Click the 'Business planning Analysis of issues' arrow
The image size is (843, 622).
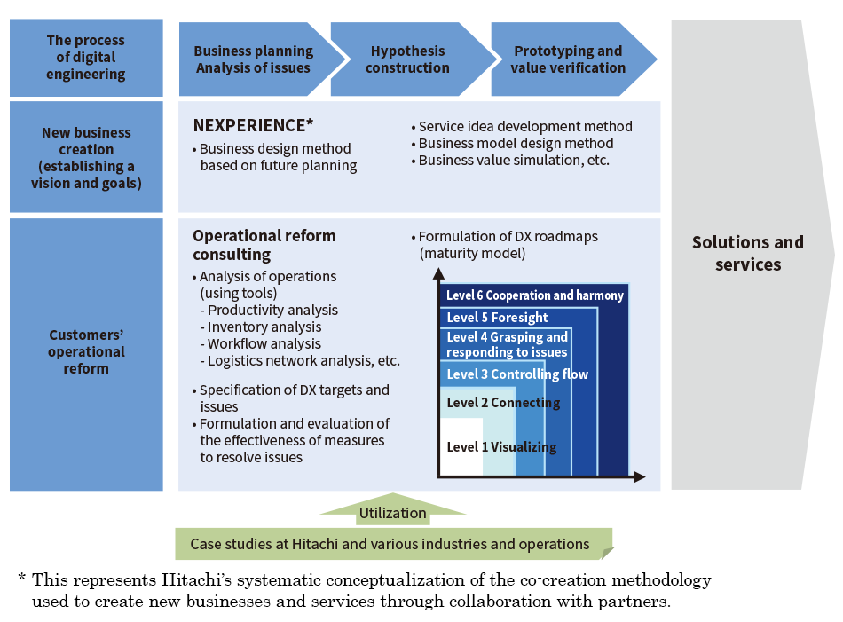254,59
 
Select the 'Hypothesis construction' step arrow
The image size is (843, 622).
407,59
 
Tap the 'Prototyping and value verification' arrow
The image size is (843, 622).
569,59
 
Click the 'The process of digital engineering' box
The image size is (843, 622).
86,58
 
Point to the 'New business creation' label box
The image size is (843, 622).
86,158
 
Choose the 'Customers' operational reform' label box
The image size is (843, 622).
86,352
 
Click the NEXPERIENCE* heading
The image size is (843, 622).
254,125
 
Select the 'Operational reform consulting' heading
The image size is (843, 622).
264,245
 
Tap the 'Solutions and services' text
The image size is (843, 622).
747,253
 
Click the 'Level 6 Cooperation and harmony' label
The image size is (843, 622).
534,295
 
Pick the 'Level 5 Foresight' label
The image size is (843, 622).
497,318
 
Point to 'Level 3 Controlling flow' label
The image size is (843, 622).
516,374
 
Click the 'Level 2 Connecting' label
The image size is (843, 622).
503,403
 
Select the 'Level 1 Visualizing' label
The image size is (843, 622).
501,447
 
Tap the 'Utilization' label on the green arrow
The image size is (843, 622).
392,513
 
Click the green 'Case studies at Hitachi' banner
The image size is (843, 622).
390,544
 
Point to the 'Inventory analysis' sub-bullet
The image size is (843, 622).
264,327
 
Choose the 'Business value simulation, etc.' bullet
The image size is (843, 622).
514,161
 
